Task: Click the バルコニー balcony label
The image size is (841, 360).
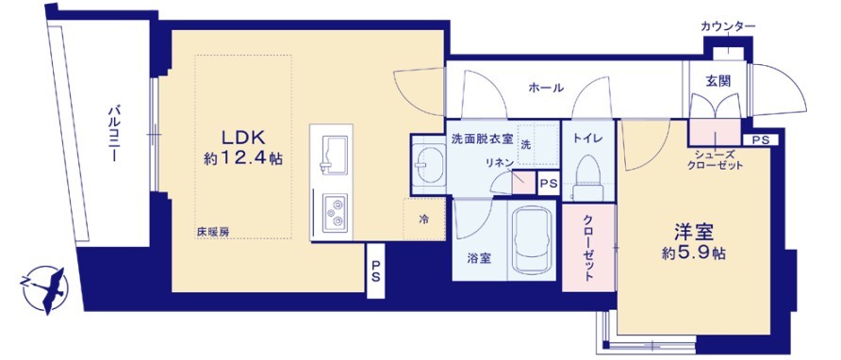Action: tap(110, 136)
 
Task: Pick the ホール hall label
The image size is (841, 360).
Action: tap(546, 89)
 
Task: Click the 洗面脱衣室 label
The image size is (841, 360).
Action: tap(482, 139)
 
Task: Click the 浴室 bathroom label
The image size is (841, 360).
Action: tap(479, 258)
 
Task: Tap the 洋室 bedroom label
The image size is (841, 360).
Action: tap(692, 230)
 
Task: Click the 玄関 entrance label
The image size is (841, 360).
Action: tap(717, 81)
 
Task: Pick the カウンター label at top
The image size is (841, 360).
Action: tap(727, 25)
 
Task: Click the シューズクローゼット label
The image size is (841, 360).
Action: tap(717, 159)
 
